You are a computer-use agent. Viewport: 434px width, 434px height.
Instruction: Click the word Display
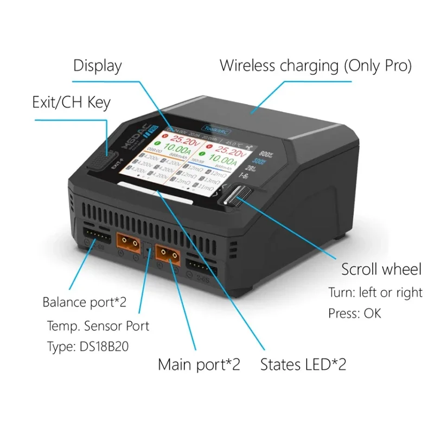click(x=98, y=66)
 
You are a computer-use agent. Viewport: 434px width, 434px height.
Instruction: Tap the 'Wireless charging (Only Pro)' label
click(x=315, y=66)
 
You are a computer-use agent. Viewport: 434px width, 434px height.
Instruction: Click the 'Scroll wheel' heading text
click(x=381, y=270)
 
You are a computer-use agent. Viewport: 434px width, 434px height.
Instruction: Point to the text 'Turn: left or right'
click(x=375, y=292)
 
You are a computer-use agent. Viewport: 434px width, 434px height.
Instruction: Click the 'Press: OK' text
click(x=354, y=314)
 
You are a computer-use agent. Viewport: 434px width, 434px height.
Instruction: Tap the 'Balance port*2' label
click(x=84, y=302)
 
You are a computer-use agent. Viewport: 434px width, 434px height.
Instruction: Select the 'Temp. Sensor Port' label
click(x=98, y=326)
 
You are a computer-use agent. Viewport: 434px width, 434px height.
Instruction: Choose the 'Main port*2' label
click(x=199, y=364)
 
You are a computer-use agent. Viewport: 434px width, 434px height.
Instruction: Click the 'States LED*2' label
click(x=303, y=364)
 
